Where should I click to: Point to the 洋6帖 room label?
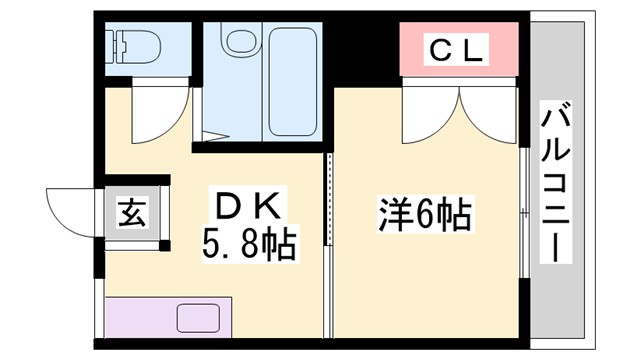(x=424, y=214)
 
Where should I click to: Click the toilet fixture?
(x=131, y=44)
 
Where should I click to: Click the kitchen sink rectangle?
(x=204, y=318)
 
